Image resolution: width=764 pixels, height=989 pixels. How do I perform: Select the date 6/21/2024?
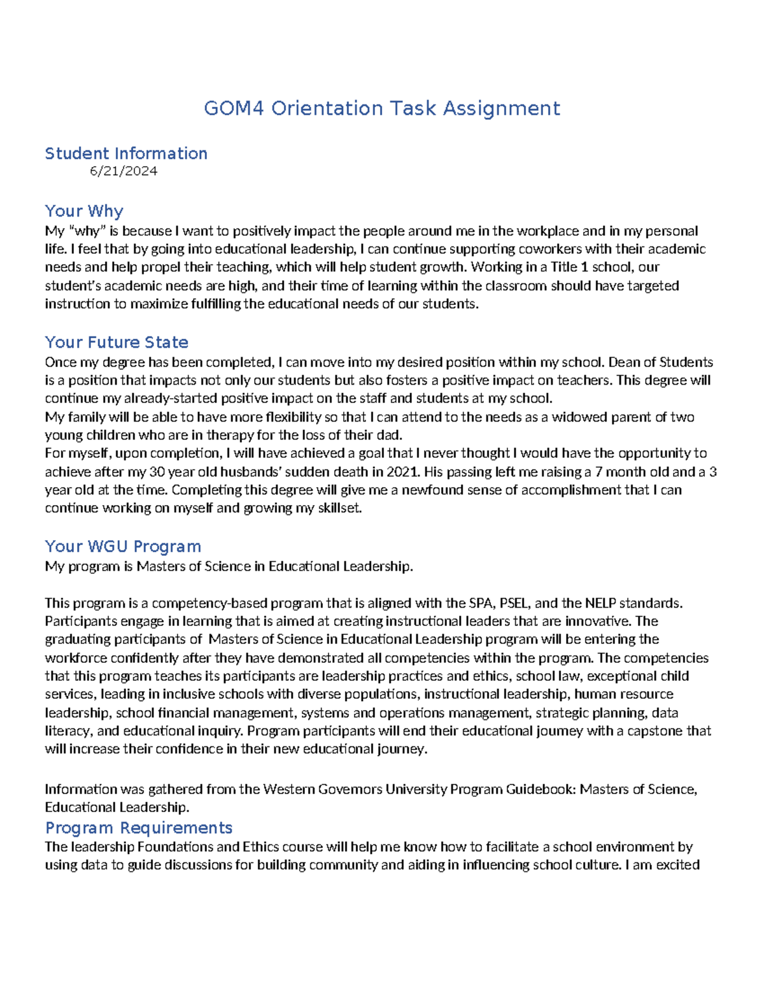pyautogui.click(x=124, y=171)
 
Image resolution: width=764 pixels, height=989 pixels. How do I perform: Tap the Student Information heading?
pyautogui.click(x=126, y=153)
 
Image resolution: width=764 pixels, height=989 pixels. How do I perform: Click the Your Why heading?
pyautogui.click(x=84, y=211)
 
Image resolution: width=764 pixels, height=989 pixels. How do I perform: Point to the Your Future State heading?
pyautogui.click(x=117, y=342)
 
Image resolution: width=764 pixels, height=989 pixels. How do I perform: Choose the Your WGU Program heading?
pyautogui.click(x=123, y=546)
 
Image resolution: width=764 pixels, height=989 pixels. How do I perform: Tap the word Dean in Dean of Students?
pyautogui.click(x=623, y=362)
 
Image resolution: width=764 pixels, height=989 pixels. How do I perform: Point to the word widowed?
pyautogui.click(x=579, y=417)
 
